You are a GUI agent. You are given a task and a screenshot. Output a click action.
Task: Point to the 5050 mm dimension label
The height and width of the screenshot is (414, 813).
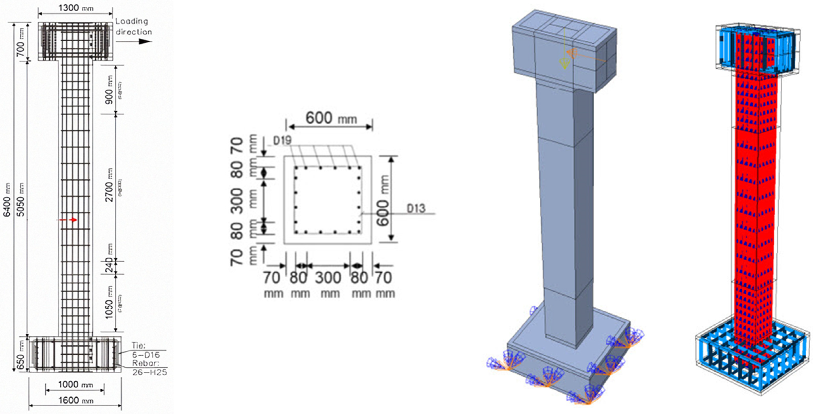[x=21, y=199]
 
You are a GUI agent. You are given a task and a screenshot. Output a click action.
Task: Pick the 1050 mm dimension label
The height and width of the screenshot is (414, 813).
[x=109, y=302]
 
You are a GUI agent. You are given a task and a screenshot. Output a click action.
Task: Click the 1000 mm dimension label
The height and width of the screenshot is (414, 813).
[x=75, y=385]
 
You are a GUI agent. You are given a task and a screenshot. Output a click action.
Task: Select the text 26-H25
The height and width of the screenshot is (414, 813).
[x=150, y=372]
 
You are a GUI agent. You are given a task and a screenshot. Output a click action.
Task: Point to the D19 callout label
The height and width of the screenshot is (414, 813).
[x=282, y=141]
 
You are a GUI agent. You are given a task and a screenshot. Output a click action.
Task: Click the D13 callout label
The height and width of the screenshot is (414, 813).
[x=416, y=208]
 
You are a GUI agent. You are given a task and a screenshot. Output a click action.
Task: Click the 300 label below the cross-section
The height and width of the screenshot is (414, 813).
[x=328, y=278]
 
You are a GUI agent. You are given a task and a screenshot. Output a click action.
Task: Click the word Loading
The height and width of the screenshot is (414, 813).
[x=132, y=21]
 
